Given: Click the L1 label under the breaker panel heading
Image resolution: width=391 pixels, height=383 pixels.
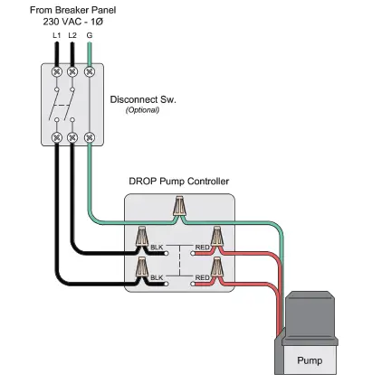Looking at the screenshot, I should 57,33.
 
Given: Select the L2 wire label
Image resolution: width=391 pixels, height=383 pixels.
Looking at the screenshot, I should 72,33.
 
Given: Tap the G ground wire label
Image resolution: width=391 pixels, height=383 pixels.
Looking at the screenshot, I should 89,33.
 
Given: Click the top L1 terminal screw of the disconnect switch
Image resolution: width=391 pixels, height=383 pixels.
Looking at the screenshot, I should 57,70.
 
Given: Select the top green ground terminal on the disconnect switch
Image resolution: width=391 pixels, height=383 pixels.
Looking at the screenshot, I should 89,70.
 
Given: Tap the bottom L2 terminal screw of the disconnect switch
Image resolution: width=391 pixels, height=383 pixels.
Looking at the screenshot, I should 72,137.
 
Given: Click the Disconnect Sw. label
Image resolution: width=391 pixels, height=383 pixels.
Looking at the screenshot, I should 142,99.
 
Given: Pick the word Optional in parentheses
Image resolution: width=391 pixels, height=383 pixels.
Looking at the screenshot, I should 142,109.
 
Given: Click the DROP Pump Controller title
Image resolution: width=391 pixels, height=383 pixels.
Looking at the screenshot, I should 178,182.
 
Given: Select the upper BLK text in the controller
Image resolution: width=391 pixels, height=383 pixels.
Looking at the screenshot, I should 157,246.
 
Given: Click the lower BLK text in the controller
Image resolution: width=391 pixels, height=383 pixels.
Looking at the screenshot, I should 157,277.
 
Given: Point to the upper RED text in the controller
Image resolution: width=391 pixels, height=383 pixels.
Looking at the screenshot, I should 202,246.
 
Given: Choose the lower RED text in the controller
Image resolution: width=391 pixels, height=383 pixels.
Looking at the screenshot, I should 202,277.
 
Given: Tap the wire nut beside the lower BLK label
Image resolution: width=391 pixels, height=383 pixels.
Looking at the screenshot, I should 142,268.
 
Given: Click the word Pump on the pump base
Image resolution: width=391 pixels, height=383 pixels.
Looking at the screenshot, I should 310,360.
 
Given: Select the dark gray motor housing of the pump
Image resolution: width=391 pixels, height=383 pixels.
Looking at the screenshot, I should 310,313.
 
